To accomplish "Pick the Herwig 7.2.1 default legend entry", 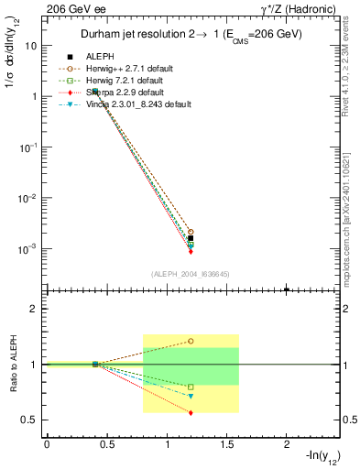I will pos(124,81).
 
